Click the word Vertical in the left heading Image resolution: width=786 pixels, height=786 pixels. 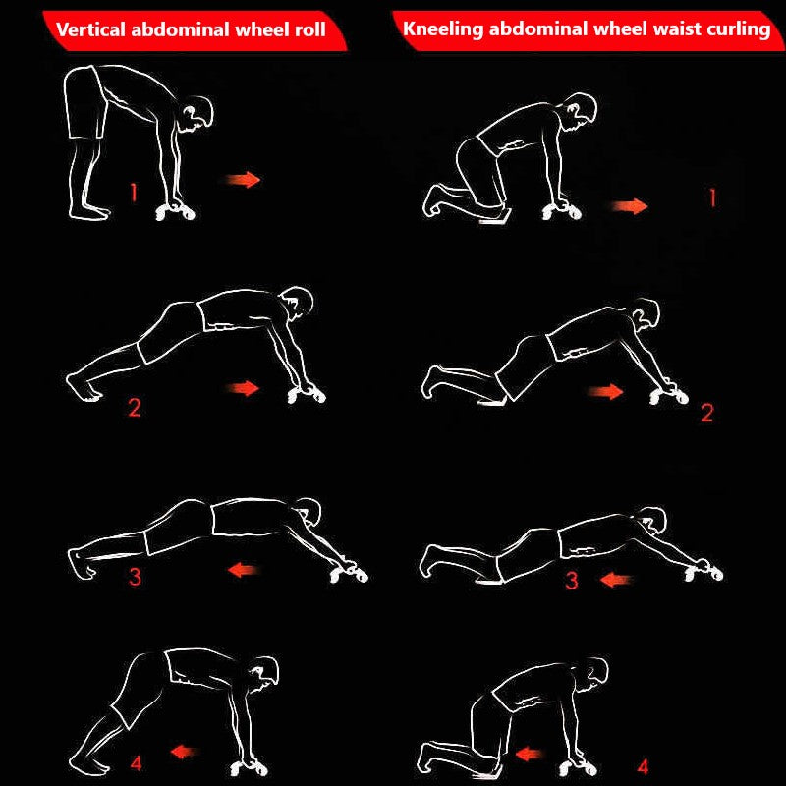tap(90, 29)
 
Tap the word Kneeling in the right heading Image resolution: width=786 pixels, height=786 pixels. tap(443, 29)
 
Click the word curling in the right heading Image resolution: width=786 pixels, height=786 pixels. tap(739, 29)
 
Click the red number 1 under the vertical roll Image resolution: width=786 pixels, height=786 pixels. tap(134, 192)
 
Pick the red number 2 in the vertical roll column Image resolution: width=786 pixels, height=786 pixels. tap(135, 407)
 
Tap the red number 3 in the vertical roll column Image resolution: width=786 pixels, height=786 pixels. tap(135, 577)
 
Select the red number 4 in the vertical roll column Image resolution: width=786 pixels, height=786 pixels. tap(136, 762)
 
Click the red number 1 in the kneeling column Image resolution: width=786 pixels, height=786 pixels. tap(711, 197)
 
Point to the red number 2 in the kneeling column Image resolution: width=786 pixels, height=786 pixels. tap(707, 412)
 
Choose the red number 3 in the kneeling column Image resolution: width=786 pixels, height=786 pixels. tap(572, 581)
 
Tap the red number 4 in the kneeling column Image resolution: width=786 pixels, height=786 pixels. tap(644, 766)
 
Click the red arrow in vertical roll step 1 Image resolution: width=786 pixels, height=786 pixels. tap(243, 180)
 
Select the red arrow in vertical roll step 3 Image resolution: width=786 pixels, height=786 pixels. tap(244, 570)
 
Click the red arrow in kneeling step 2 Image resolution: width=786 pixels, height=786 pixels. tap(605, 391)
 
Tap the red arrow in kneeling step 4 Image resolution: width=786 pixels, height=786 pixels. tap(530, 754)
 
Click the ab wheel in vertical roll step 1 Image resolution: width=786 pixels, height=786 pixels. tap(176, 211)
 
